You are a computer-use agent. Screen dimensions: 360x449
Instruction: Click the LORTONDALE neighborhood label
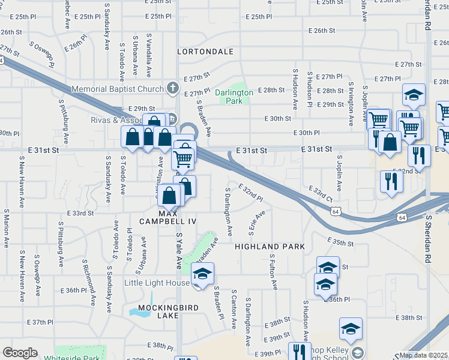(205, 52)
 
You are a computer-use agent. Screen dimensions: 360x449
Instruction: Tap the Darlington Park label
(235, 97)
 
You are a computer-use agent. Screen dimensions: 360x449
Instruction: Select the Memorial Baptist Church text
(118, 89)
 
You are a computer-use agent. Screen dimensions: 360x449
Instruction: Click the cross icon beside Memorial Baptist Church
(173, 89)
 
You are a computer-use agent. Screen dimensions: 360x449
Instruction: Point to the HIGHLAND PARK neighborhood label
(270, 247)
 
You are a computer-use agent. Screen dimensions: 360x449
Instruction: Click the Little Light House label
(157, 283)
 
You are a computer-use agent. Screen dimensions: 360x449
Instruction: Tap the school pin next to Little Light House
(202, 274)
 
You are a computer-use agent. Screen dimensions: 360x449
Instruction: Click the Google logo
(20, 353)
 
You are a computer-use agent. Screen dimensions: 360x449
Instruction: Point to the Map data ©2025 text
(424, 355)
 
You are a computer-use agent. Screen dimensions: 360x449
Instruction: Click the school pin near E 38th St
(351, 329)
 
